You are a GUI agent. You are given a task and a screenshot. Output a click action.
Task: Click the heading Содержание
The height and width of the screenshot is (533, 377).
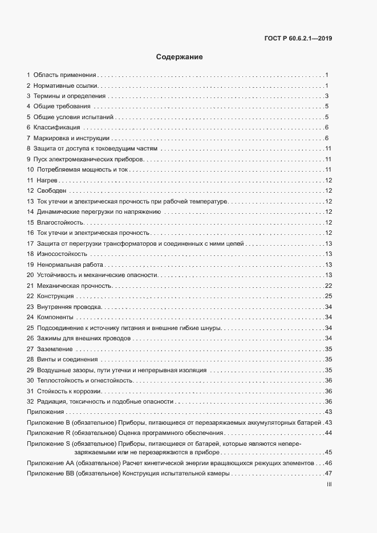[180, 57]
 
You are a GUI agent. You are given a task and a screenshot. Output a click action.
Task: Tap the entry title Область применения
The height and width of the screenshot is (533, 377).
[64, 75]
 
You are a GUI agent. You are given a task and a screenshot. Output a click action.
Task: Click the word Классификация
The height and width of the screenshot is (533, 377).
[56, 127]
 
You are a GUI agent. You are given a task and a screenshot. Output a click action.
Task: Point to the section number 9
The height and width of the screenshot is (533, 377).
[29, 159]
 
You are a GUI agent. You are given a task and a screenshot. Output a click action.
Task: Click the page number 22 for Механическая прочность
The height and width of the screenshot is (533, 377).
[328, 286]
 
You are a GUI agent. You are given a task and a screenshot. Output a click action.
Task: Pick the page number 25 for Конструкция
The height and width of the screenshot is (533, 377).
[328, 296]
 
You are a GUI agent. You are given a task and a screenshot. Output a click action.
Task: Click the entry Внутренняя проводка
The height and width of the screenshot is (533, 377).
[69, 307]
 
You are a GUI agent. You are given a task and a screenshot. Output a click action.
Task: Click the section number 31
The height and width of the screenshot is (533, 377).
[30, 391]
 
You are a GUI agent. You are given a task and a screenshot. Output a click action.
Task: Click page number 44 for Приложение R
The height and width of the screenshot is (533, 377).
[328, 433]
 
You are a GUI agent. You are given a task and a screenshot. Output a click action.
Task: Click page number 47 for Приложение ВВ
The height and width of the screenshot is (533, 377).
[328, 474]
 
